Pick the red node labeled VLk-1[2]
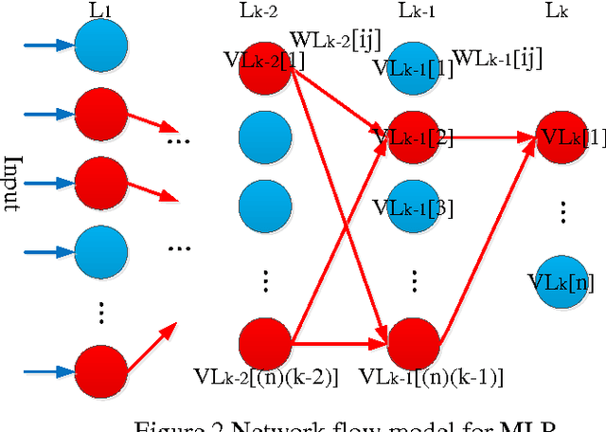coord(414,137)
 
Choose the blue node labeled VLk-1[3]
coord(414,206)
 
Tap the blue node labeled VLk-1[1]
coord(414,66)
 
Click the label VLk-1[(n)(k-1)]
coord(418,377)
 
